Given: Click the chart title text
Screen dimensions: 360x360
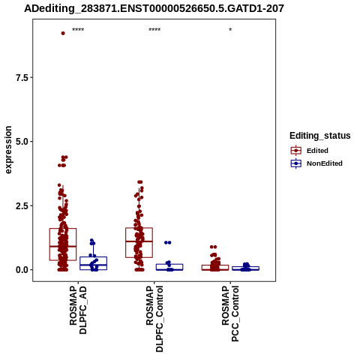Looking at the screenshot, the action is point(154,8).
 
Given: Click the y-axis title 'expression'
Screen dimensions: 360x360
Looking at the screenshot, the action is point(8,150).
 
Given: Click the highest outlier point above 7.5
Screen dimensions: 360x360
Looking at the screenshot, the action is point(63,33).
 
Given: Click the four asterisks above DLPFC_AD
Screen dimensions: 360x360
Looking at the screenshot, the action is point(78,30).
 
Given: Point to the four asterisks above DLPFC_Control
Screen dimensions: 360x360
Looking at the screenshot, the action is point(154,30).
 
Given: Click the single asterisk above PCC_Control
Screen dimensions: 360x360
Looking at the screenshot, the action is point(230,30).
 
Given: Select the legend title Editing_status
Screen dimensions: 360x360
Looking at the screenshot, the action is point(320,136).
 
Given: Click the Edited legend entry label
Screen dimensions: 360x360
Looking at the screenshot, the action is point(317,151).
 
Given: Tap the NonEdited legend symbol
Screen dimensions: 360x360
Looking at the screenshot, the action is point(296,163).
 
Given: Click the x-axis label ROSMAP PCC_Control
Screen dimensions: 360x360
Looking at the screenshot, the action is point(230,313).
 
